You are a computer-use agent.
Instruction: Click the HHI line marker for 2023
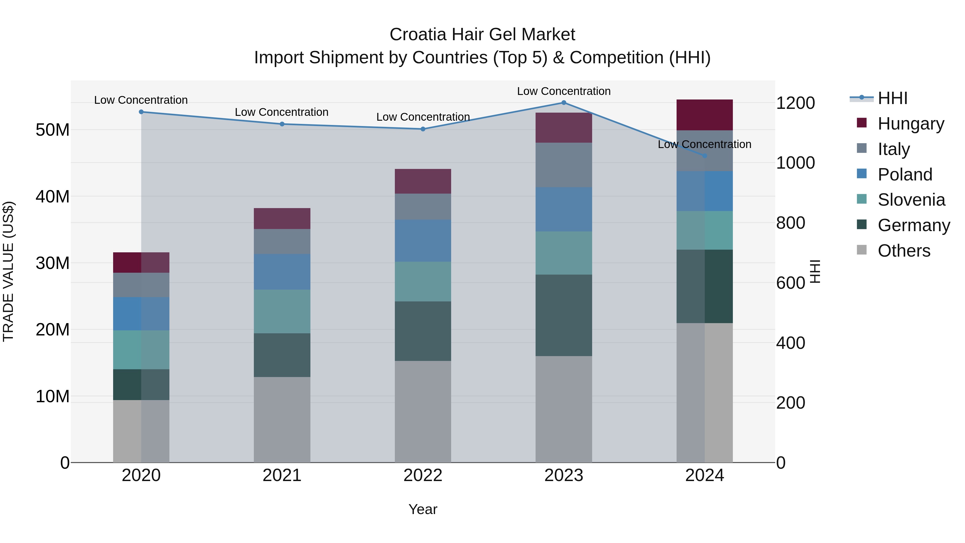coord(564,103)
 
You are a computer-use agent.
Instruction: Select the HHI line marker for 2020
coord(141,112)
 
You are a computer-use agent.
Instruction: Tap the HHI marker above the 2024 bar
coord(705,156)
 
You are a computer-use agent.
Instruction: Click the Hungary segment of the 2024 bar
coord(705,115)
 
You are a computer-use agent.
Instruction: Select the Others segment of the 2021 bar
coord(282,419)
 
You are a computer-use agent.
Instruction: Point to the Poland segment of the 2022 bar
coord(423,241)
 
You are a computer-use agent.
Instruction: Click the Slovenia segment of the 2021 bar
coord(282,311)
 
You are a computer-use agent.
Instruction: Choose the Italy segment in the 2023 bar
coord(564,165)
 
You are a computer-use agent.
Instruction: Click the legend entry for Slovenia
coord(911,200)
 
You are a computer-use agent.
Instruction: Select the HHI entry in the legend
coord(892,98)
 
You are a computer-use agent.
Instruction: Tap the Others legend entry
coord(904,251)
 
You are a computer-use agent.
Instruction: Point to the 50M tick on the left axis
coord(53,130)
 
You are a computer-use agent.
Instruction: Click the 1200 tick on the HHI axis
coord(795,103)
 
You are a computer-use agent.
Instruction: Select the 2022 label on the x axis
coord(423,475)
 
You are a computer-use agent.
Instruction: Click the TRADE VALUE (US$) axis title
coord(8,271)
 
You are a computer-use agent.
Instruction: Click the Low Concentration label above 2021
coord(282,112)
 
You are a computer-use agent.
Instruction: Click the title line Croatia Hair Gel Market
coord(482,35)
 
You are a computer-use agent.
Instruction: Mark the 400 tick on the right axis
coord(790,343)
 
